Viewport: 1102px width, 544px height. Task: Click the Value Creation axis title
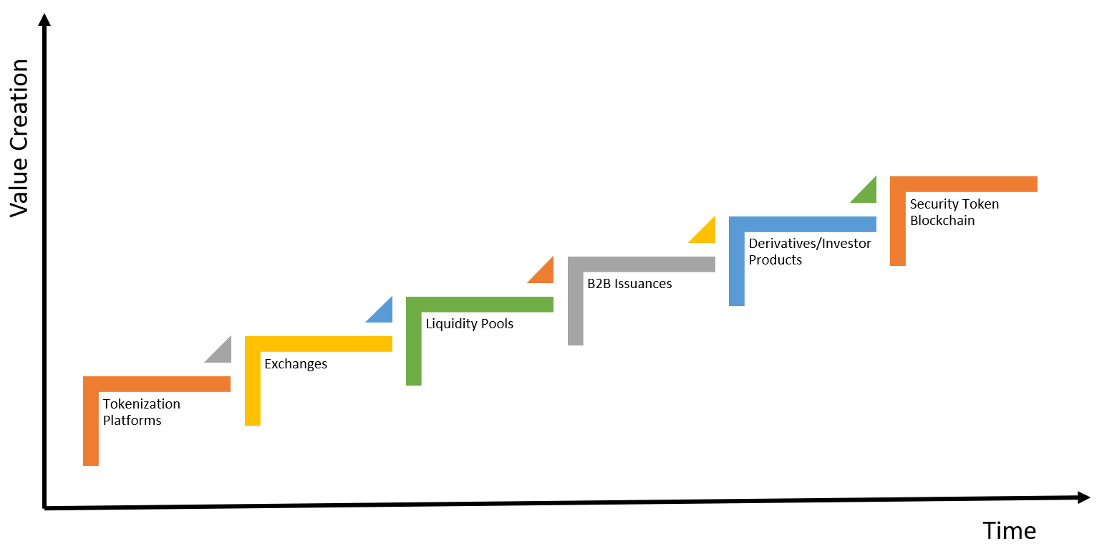pyautogui.click(x=19, y=138)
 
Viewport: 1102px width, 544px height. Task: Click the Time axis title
pyautogui.click(x=1009, y=530)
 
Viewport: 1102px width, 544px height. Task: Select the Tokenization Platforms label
pyautogui.click(x=142, y=412)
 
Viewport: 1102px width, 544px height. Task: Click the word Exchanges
pyautogui.click(x=296, y=364)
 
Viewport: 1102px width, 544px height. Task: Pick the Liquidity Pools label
pyautogui.click(x=470, y=324)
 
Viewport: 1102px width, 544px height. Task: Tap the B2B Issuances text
pyautogui.click(x=629, y=284)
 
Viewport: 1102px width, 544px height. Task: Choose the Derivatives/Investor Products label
pyautogui.click(x=810, y=252)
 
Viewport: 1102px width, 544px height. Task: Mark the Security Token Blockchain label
pyautogui.click(x=954, y=212)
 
